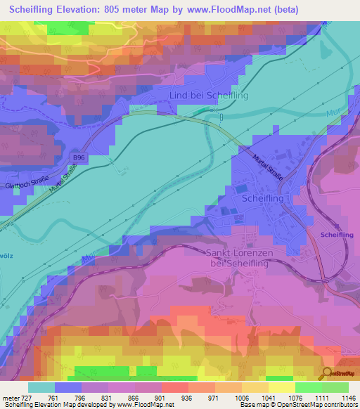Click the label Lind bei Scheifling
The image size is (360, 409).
[x=209, y=96]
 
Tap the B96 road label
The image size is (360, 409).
[x=78, y=159]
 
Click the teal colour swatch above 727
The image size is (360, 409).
[x=41, y=387]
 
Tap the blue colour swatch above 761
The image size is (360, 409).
[x=68, y=387]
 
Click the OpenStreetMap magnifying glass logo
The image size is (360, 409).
[x=327, y=373]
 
